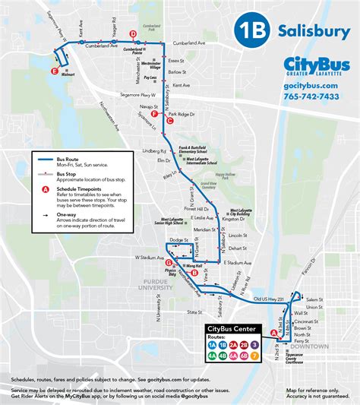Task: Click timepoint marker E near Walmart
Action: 54,71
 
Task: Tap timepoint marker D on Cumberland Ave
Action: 133,34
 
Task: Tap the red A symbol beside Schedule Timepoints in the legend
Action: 46,189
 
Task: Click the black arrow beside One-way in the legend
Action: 46,217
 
